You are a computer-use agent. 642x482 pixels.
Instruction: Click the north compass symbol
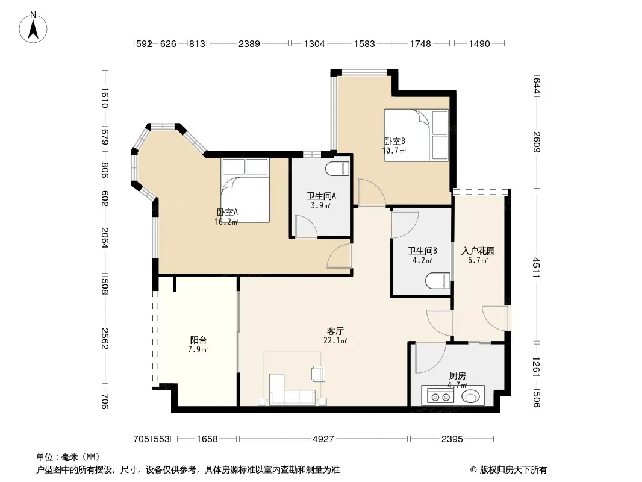point(33,28)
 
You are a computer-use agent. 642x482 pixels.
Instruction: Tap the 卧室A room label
point(227,212)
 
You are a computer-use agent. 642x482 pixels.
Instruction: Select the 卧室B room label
point(394,141)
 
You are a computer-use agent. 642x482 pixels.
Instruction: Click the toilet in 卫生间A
point(337,168)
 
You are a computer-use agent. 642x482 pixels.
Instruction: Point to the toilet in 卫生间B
point(438,281)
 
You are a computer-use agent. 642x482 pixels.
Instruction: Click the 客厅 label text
point(335,331)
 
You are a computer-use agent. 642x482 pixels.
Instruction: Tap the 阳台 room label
point(198,340)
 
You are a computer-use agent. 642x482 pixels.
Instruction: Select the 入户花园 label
point(478,251)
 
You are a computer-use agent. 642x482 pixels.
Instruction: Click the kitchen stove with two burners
point(441,396)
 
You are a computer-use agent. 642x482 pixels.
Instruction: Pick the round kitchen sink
point(471,396)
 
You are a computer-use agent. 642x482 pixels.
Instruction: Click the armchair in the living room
point(318,374)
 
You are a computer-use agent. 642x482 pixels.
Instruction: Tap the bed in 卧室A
point(245,190)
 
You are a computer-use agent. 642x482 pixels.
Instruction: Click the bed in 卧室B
point(416,135)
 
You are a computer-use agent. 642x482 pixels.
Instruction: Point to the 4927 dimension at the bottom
point(323,439)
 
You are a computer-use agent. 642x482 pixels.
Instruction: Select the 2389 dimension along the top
point(249,43)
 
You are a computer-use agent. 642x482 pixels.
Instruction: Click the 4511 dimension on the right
point(537,267)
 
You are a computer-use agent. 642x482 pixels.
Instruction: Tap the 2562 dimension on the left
point(104,338)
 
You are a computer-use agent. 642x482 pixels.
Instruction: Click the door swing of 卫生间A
point(307,226)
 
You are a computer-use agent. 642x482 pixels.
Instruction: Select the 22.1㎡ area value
point(335,341)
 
